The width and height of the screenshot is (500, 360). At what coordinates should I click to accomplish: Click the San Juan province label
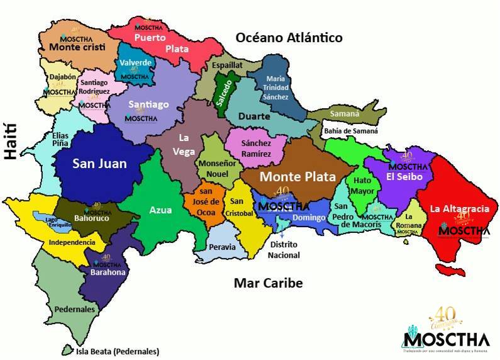pos(99,164)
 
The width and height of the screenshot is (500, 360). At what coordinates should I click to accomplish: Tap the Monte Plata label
pos(298,177)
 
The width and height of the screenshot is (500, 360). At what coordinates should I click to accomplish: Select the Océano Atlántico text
pos(289,38)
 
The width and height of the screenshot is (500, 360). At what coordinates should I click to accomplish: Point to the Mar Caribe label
pos(268,283)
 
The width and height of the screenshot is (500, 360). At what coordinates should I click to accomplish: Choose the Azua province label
pos(160,211)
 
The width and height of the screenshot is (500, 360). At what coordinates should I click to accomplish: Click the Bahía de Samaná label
pos(351,132)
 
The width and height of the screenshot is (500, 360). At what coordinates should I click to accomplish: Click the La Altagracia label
pos(459,208)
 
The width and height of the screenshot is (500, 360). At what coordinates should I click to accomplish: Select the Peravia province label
pos(222,248)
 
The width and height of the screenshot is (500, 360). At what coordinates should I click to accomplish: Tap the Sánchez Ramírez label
pos(256,149)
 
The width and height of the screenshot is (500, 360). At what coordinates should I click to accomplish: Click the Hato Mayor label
pos(363,185)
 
